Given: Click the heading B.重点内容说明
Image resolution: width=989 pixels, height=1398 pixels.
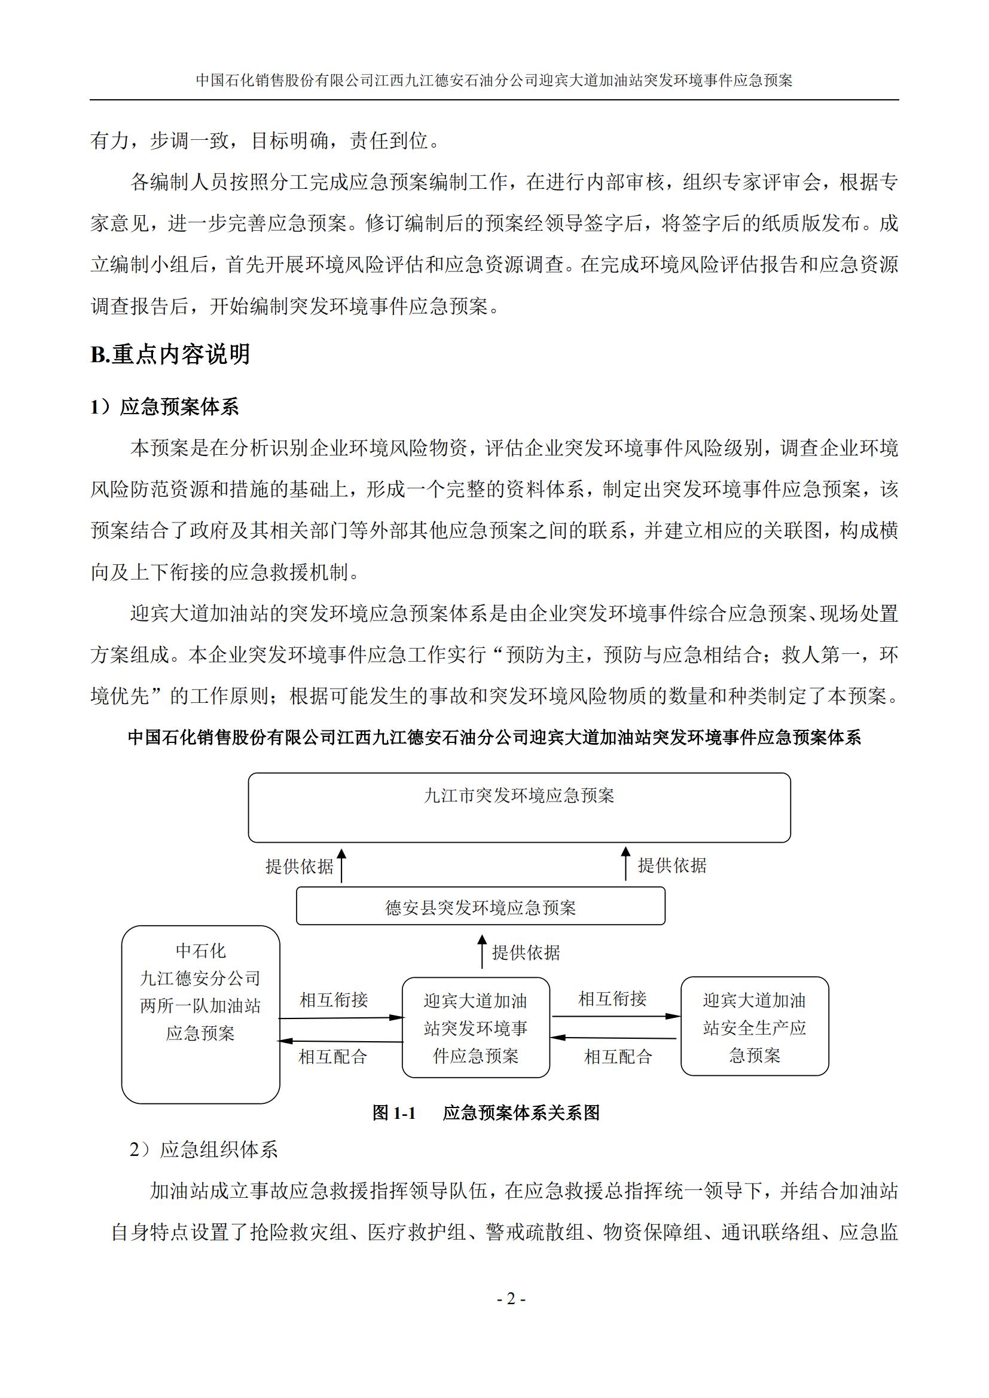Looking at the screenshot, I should pos(170,354).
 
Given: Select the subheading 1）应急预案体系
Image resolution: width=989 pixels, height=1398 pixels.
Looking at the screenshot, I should pos(164,407).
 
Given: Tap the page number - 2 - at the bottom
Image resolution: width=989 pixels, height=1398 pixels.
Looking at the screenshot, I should pos(511,1299).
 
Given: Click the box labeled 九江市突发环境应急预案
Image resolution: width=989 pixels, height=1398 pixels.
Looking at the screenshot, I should pos(519,807).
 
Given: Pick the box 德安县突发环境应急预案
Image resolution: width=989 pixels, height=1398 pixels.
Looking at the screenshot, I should pos(481,908).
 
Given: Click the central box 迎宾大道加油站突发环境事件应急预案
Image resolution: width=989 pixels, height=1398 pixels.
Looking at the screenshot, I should pos(475,1028).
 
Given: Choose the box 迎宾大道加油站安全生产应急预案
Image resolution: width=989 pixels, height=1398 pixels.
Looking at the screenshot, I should pos(754,1027).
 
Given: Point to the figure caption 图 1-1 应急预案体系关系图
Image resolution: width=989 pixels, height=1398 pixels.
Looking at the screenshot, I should pos(486,1113).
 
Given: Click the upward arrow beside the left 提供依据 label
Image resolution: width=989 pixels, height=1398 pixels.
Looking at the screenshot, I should pos(341,866).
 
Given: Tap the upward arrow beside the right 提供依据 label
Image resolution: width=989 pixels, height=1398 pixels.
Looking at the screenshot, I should pos(625,864).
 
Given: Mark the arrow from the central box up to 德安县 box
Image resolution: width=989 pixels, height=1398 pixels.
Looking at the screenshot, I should pos(482,952).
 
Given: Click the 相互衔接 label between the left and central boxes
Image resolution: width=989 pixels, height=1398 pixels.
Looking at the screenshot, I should pos(334,1000).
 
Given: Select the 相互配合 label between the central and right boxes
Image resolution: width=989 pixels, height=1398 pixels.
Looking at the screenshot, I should pos(618,1056).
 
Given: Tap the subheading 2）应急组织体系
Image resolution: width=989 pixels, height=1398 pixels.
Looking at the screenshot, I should pos(204,1149).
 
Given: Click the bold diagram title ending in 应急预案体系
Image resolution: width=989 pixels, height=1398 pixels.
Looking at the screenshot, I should pos(494,738).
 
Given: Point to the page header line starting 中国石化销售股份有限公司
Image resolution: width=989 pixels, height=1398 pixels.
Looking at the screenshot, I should pos(494,80).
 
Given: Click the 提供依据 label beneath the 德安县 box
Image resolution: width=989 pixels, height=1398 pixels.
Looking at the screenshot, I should pos(526,953).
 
